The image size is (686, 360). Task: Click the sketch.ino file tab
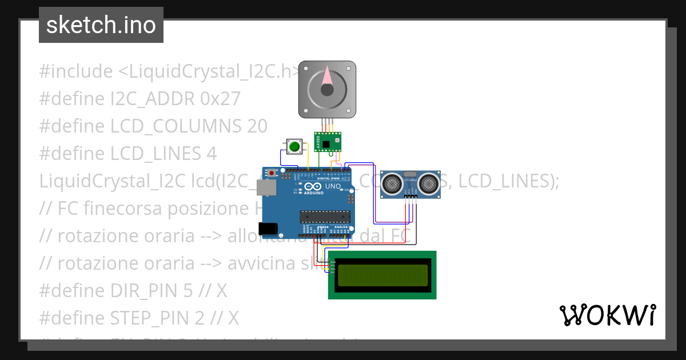tap(101, 25)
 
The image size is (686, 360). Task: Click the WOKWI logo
tap(607, 315)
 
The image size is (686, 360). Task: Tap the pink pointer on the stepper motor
tap(327, 77)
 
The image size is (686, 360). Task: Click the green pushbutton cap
tap(294, 147)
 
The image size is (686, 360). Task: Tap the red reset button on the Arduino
tap(273, 172)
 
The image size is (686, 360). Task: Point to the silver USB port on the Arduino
tap(264, 187)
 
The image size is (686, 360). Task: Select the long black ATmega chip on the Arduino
tap(325, 216)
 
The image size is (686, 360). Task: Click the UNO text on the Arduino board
tap(333, 186)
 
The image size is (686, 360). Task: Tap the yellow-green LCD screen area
tap(382, 275)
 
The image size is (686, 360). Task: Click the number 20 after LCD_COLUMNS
tap(257, 126)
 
